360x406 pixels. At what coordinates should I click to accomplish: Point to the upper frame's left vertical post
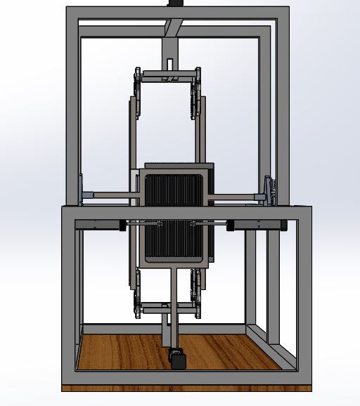[x=72, y=105]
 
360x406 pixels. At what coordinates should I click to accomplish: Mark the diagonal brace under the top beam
[x=174, y=27]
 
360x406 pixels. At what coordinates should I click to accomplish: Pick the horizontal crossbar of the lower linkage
[x=169, y=307]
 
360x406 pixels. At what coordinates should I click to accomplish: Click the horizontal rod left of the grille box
[x=109, y=195]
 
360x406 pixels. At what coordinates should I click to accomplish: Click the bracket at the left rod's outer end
[x=82, y=190]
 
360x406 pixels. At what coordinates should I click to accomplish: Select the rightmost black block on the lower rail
[x=284, y=225]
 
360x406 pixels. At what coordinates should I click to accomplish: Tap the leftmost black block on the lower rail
[x=122, y=225]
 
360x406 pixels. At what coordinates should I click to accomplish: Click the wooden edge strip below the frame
[x=186, y=388]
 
